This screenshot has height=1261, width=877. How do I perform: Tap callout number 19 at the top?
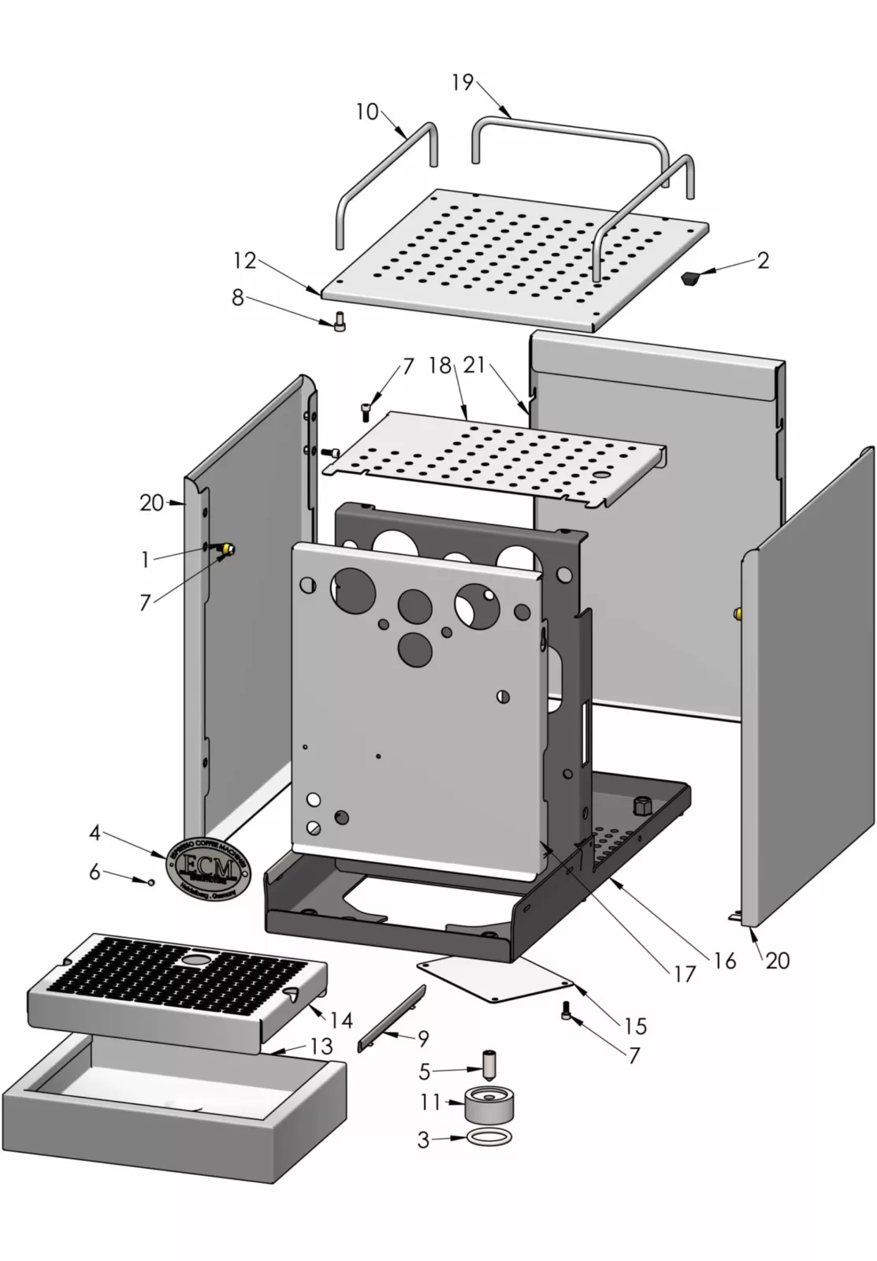click(463, 82)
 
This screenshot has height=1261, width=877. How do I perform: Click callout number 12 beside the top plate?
click(244, 259)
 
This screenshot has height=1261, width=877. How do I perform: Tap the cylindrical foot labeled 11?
click(489, 1105)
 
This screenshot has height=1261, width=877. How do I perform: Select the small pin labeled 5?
click(490, 1065)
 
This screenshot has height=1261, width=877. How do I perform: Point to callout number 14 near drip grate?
click(340, 1021)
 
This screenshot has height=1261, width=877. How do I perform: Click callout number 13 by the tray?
click(321, 1046)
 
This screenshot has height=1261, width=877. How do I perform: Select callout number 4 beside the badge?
click(95, 832)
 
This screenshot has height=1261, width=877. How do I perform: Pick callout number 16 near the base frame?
click(724, 960)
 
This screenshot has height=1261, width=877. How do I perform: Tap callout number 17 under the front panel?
click(685, 974)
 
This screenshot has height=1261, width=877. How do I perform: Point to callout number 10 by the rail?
click(367, 112)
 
